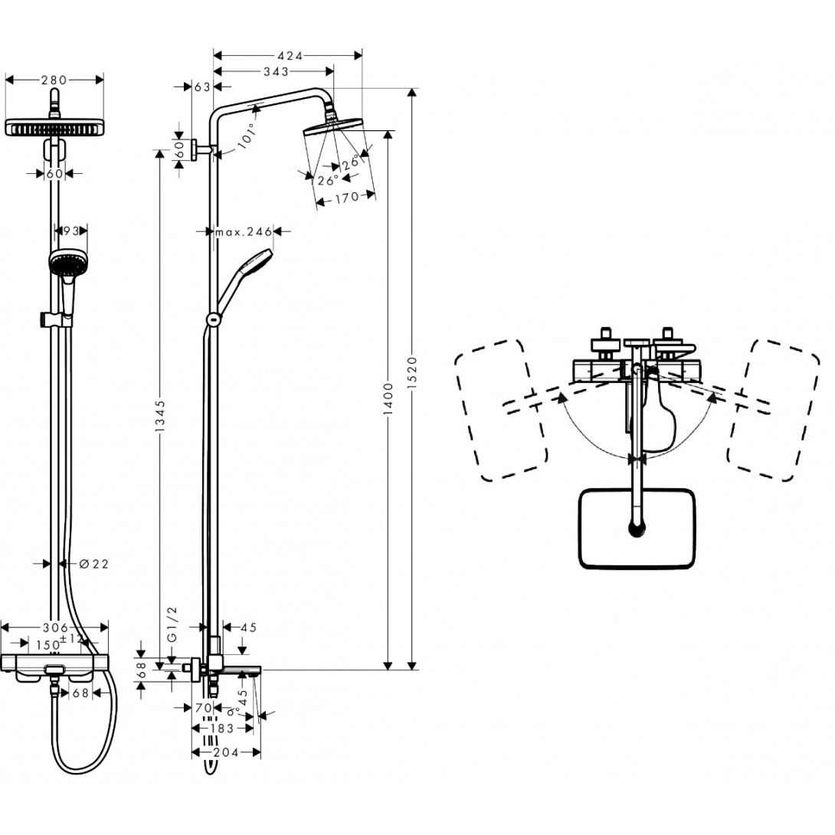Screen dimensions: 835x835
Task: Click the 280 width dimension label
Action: tap(54, 79)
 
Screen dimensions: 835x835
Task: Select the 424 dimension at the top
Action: tap(289, 55)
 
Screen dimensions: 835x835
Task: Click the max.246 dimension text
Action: tap(244, 231)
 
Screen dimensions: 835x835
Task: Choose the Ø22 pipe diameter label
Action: tap(94, 564)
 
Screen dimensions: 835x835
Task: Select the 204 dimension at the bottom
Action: tap(226, 751)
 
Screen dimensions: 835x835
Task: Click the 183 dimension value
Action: tap(222, 728)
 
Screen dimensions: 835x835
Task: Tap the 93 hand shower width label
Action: tap(71, 230)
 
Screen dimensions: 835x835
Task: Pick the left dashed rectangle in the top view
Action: tap(501, 410)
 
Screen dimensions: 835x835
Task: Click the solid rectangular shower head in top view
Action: tap(637, 529)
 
